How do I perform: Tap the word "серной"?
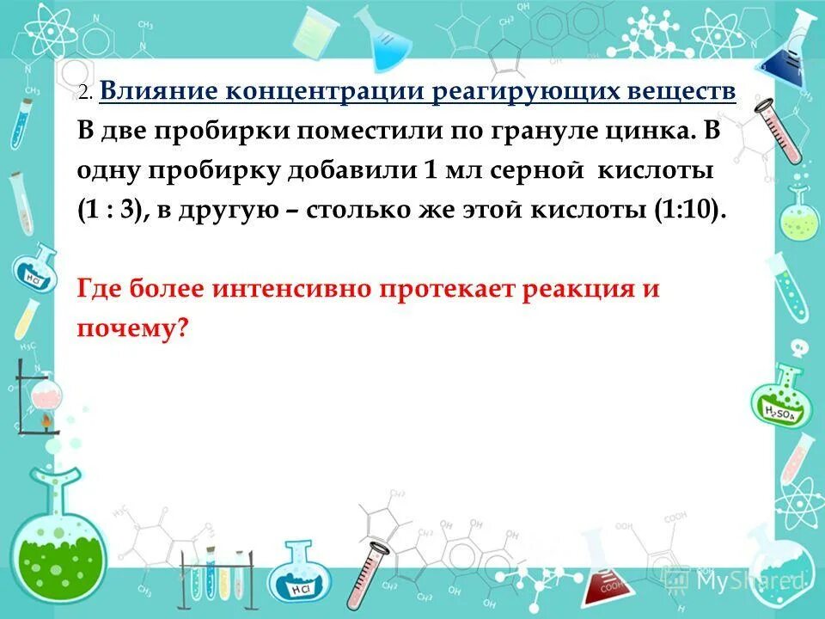529,171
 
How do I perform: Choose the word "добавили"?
358,171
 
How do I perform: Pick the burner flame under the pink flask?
46,422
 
